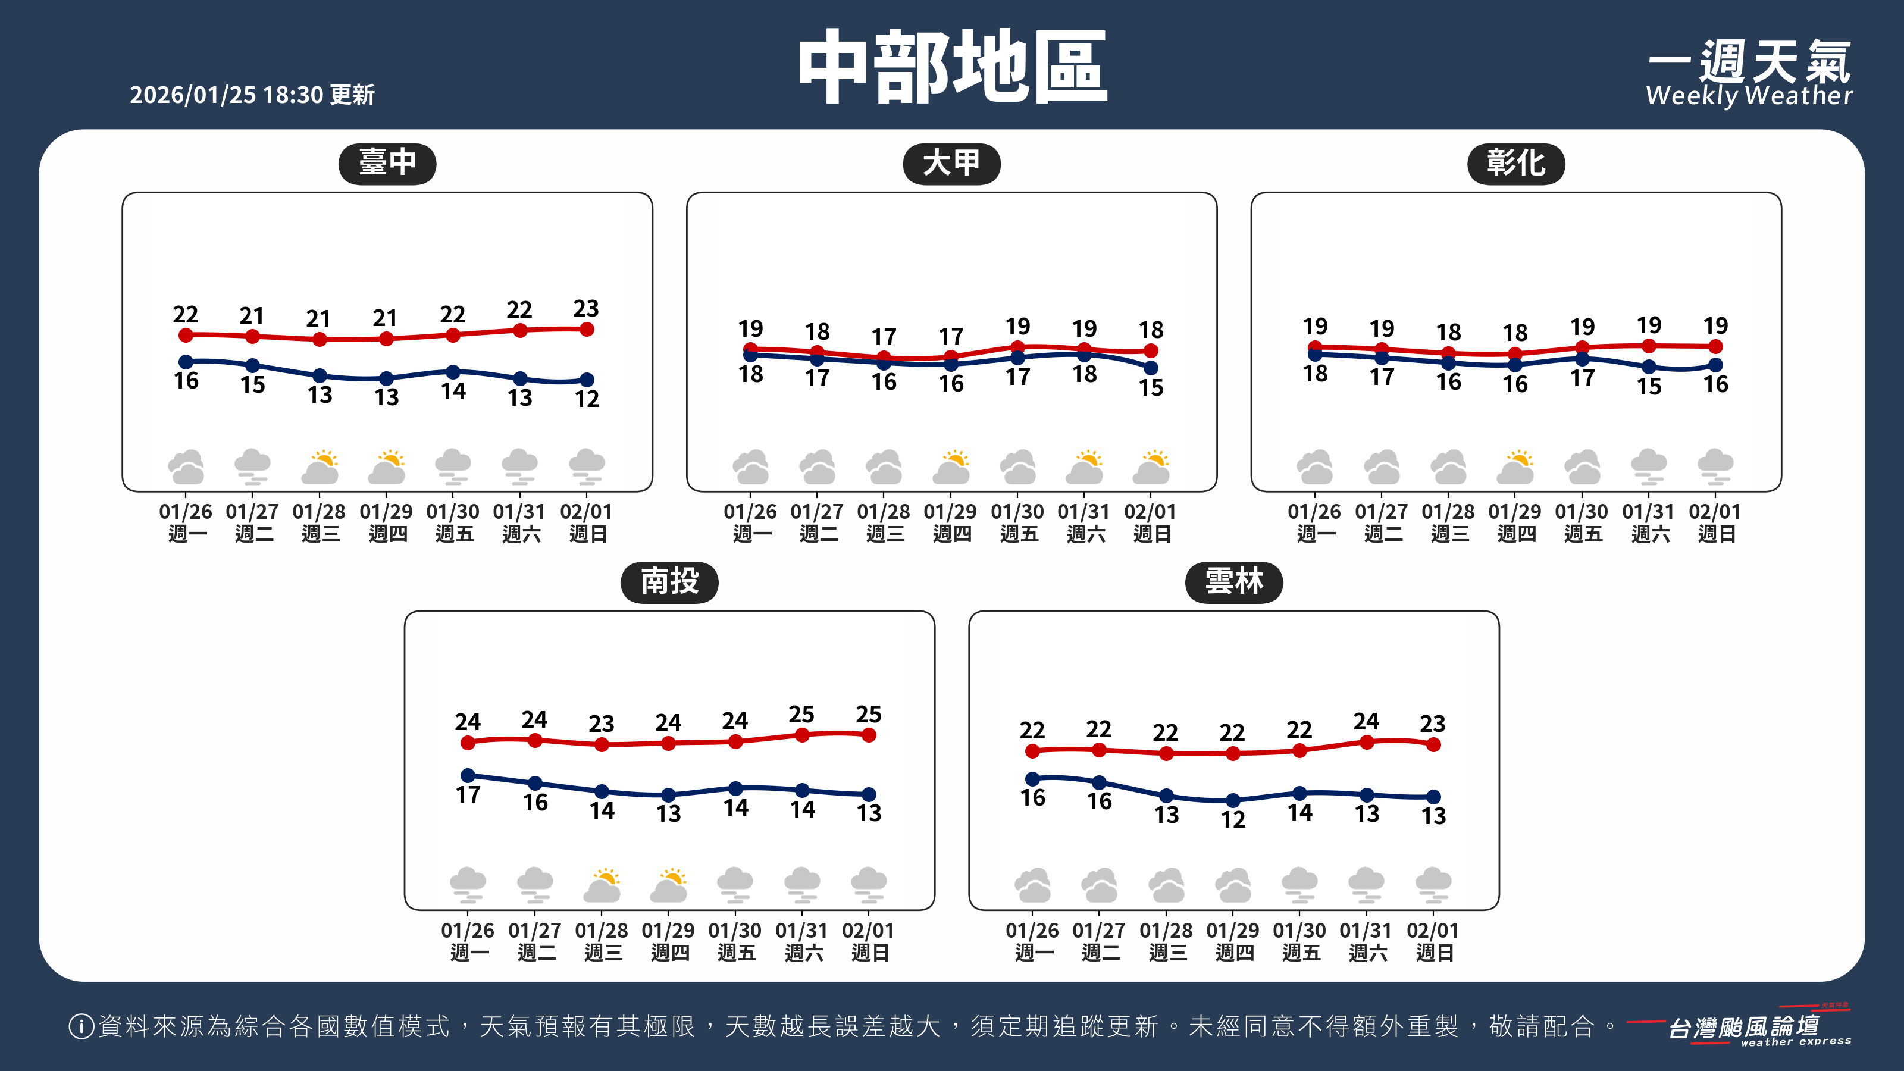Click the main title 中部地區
click(952, 67)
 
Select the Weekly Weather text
click(1749, 95)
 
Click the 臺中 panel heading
click(387, 162)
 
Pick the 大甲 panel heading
click(951, 162)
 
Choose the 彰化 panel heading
click(1515, 162)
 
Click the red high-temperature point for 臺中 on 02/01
click(587, 330)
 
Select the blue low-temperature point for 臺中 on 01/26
click(186, 361)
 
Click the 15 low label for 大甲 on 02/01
click(1151, 387)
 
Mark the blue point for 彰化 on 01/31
click(1649, 367)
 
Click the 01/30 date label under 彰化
click(1582, 512)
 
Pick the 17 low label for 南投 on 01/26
click(468, 794)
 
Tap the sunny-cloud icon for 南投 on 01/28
click(602, 885)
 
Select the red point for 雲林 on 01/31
click(1367, 742)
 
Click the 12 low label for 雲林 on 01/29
click(1233, 819)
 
